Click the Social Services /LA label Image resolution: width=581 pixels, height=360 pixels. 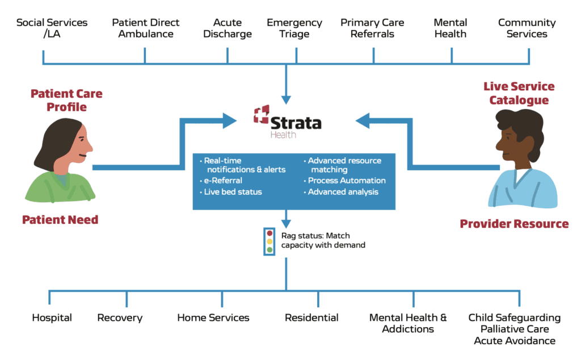click(x=52, y=28)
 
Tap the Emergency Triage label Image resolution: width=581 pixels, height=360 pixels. click(x=294, y=28)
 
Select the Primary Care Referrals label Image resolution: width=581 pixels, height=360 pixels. click(x=372, y=28)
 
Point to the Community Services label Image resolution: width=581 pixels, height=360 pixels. click(x=527, y=28)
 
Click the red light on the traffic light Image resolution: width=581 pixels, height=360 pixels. click(x=270, y=233)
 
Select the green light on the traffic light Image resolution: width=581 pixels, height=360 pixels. click(x=270, y=249)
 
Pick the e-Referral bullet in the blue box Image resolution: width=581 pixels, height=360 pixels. click(x=223, y=181)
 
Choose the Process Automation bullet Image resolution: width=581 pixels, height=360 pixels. click(x=346, y=181)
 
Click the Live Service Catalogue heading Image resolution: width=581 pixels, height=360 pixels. click(x=519, y=93)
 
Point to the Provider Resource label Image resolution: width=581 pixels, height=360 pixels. click(x=514, y=224)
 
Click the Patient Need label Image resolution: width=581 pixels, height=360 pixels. click(x=60, y=220)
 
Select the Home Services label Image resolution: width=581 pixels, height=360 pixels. click(x=213, y=318)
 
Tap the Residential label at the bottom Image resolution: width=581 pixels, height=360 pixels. click(x=311, y=318)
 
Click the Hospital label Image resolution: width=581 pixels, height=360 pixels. click(x=52, y=318)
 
